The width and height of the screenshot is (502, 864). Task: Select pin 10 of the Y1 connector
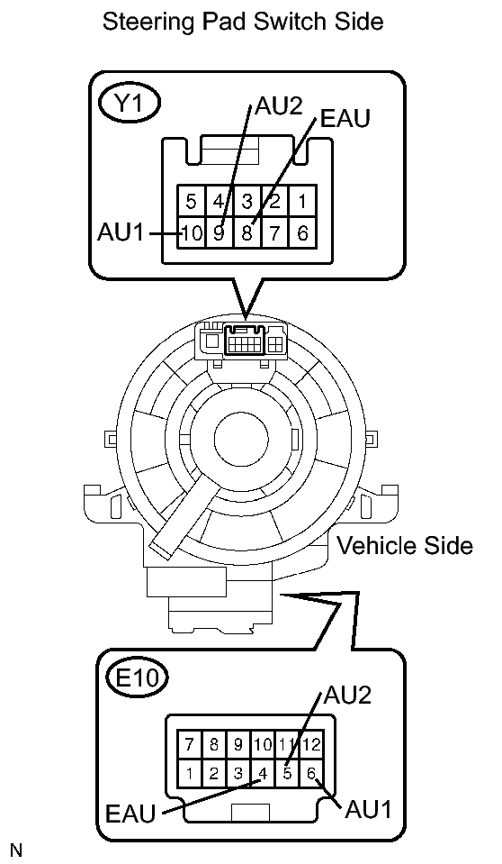click(x=191, y=233)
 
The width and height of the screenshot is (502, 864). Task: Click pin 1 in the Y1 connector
click(x=302, y=201)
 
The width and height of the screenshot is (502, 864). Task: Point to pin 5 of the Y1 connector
click(x=191, y=201)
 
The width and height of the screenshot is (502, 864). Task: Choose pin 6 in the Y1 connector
click(x=302, y=233)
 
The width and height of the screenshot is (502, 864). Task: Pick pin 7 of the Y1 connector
click(x=274, y=233)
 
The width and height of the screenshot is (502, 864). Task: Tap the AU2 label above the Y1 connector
click(x=279, y=105)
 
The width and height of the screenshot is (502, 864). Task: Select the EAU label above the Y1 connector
click(x=345, y=118)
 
